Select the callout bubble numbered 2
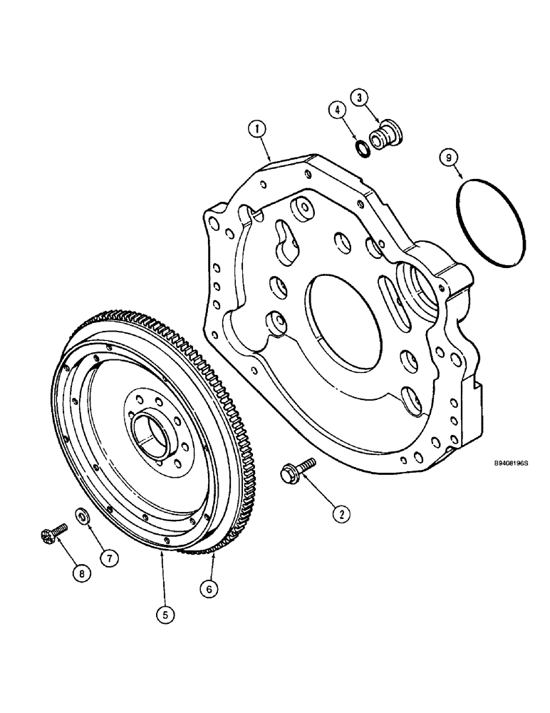tap(343, 511)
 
